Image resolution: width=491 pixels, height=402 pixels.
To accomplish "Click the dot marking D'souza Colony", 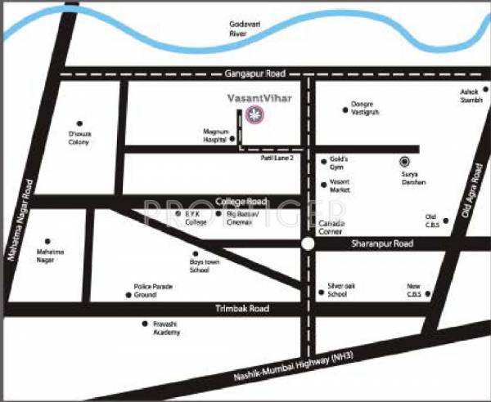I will coord(79,123).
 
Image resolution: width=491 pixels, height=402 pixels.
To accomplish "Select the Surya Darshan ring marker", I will coord(403,162).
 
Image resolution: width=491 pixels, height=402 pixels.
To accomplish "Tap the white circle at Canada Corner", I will coord(307,243).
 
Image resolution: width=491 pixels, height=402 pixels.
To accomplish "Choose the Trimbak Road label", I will coord(241,308).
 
